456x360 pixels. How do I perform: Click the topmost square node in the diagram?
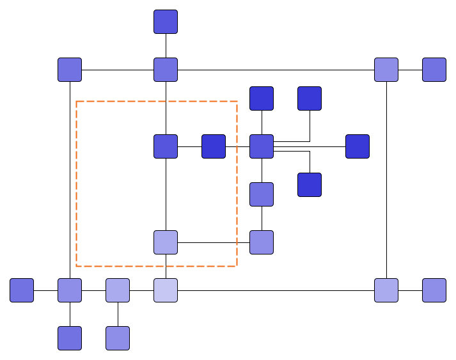[x=166, y=22]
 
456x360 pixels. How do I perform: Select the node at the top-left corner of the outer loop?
[x=70, y=70]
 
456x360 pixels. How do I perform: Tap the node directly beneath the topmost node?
[x=166, y=70]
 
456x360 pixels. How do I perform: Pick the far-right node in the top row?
[x=434, y=70]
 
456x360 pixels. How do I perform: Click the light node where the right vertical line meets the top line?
[x=386, y=70]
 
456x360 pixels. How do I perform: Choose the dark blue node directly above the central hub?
[x=262, y=98]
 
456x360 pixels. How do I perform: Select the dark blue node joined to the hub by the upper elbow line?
[x=310, y=98]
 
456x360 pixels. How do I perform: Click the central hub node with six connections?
[x=262, y=146]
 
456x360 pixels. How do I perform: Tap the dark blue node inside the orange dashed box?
[x=214, y=146]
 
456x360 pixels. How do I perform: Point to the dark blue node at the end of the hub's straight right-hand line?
[x=358, y=146]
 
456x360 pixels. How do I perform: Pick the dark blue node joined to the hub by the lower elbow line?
[x=310, y=185]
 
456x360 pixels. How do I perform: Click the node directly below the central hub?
[x=262, y=194]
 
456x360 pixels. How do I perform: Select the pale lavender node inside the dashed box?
[x=166, y=242]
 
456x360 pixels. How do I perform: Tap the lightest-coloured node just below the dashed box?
[x=166, y=290]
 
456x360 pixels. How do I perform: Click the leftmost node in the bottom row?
[x=22, y=290]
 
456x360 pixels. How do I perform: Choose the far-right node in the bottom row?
[x=434, y=290]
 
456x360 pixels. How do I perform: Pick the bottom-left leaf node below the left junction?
[x=70, y=338]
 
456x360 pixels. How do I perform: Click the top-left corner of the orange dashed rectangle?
[x=77, y=102]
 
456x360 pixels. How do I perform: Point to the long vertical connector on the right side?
[x=386, y=179]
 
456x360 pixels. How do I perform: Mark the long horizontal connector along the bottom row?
[x=275, y=290]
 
